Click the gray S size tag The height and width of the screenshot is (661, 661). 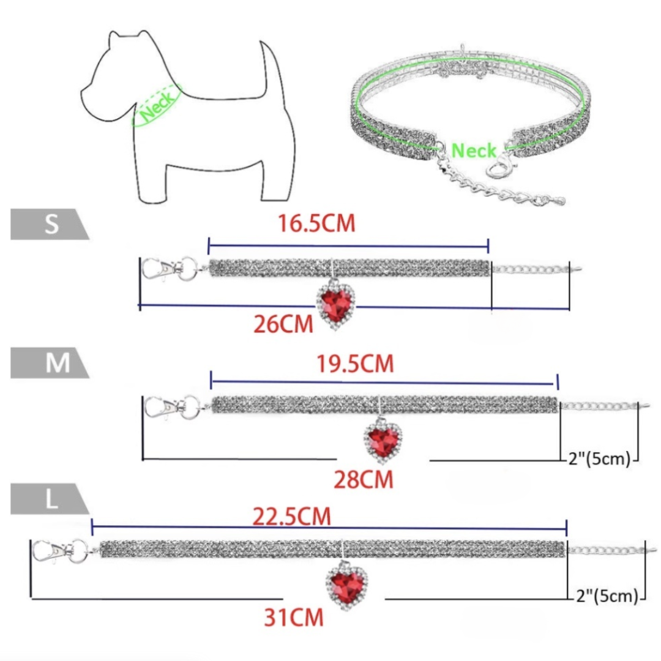pyautogui.click(x=49, y=225)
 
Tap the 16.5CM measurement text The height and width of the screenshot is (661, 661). pyautogui.click(x=316, y=223)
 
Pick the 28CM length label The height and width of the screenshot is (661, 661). pyautogui.click(x=363, y=479)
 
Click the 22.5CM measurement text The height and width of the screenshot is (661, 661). pyautogui.click(x=291, y=517)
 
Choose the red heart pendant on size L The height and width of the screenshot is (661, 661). pyautogui.click(x=346, y=581)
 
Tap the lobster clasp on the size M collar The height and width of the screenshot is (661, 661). pyautogui.click(x=162, y=406)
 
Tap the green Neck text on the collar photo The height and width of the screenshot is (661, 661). pyautogui.click(x=474, y=150)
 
